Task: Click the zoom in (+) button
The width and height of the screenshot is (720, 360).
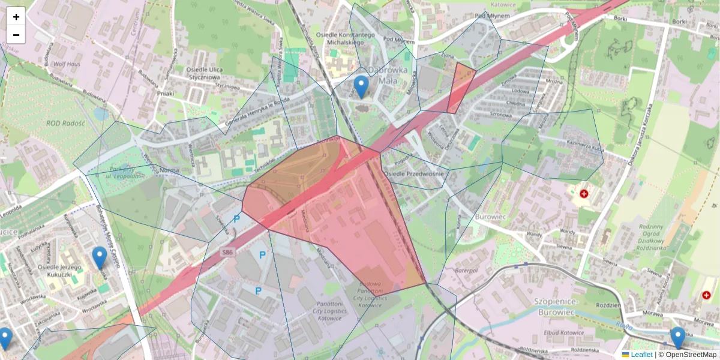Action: tap(16, 17)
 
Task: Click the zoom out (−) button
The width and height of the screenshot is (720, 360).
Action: tap(16, 35)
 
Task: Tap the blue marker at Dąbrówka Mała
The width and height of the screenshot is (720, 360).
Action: tap(361, 87)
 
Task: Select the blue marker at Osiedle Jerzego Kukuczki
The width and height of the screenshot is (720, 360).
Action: tap(100, 258)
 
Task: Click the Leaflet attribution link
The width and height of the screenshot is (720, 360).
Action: tap(641, 355)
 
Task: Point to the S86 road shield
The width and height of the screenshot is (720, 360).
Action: tap(226, 252)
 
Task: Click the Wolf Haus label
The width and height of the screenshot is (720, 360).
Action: tap(67, 62)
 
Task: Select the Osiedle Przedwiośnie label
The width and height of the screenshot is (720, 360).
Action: tap(414, 174)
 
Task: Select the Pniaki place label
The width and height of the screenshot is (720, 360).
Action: tap(165, 94)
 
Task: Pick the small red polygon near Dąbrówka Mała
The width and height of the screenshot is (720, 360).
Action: tap(460, 87)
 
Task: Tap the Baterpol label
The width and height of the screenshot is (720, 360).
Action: tap(465, 271)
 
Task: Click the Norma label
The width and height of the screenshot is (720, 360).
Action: tap(170, 170)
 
